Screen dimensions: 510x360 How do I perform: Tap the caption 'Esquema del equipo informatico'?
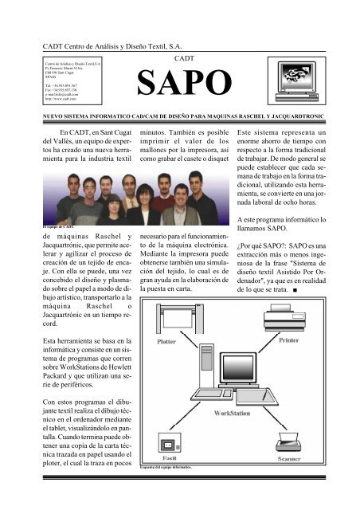173,466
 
